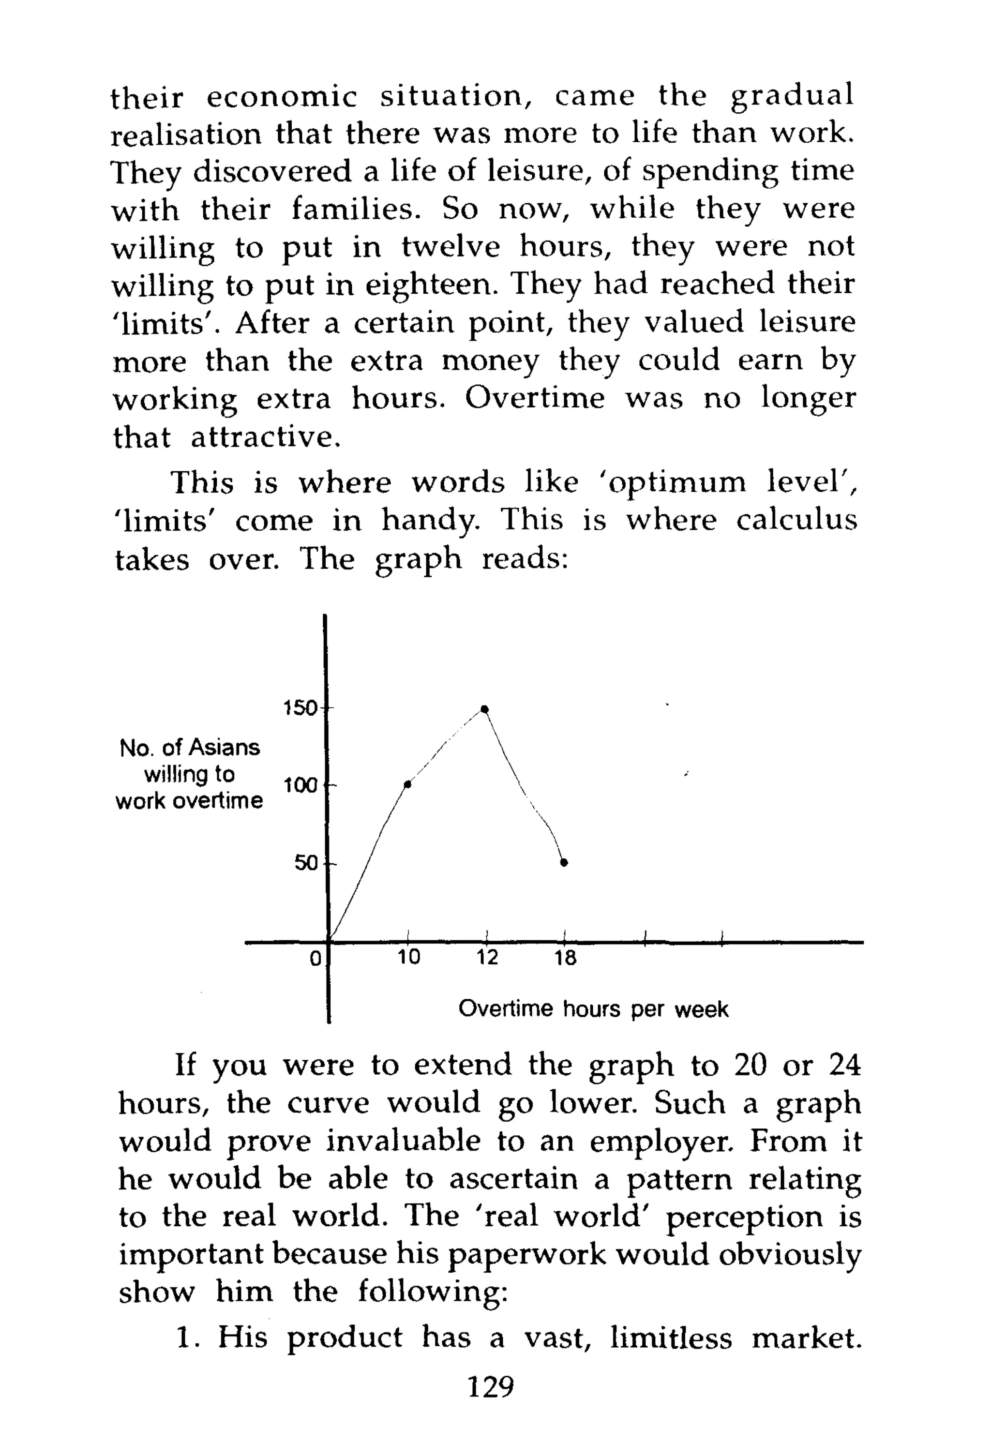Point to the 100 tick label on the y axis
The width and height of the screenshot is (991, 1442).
(x=300, y=786)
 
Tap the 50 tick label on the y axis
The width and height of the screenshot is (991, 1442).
(x=305, y=863)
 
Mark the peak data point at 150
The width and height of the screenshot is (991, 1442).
(x=485, y=709)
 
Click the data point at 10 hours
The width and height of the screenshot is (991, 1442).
(x=408, y=784)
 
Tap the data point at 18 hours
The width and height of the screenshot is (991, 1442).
(x=564, y=862)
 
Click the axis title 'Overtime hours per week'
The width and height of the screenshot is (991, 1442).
(x=593, y=1009)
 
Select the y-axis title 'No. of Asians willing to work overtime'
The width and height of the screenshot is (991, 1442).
(x=189, y=774)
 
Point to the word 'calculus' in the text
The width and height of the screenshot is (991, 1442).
(x=796, y=520)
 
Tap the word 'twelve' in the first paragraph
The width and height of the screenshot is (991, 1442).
(x=450, y=247)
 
